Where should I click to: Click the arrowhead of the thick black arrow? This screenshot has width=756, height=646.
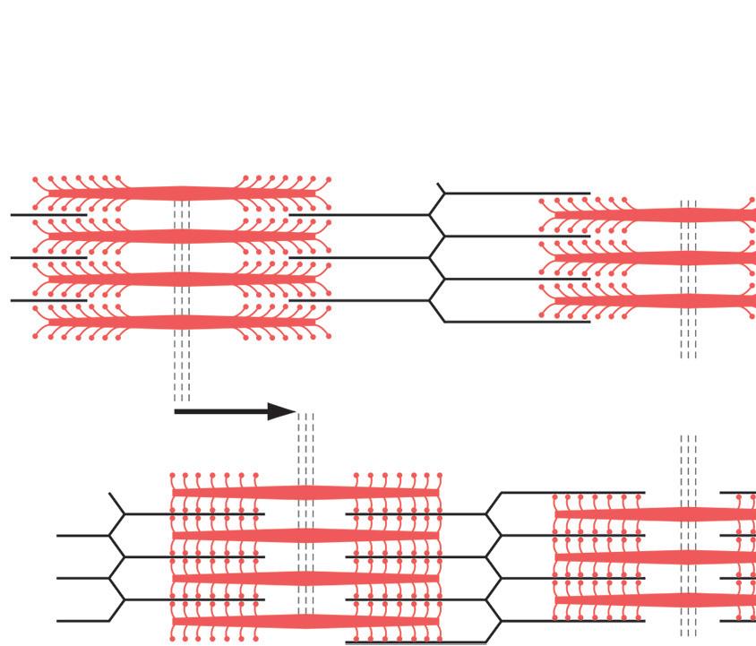(285, 412)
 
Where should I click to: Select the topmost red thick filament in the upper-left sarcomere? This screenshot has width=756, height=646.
(183, 193)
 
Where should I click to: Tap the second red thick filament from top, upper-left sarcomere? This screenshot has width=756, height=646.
(183, 236)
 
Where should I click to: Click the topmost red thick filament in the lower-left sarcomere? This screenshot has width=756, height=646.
(305, 492)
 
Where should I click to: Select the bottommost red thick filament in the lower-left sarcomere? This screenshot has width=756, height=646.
(305, 621)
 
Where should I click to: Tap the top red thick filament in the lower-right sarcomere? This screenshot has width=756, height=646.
(663, 514)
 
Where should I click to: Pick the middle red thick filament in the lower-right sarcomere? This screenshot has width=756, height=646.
(663, 557)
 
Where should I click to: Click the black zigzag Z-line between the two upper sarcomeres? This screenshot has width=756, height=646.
(434, 257)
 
